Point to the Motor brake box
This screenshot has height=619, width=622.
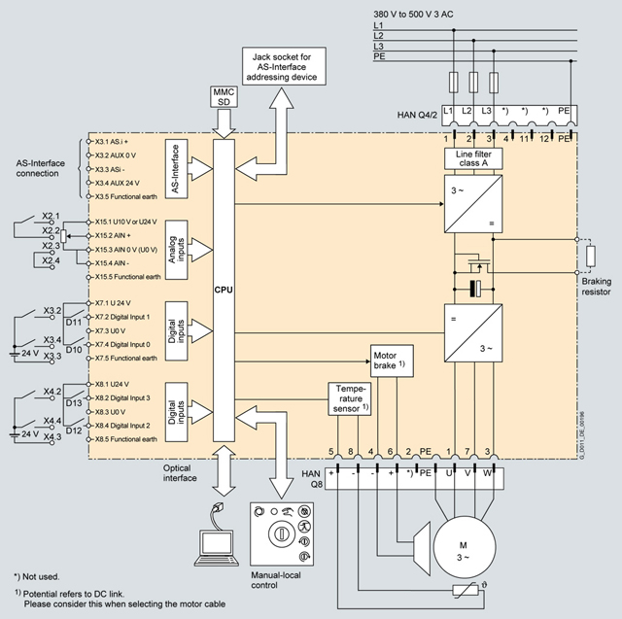click(x=392, y=361)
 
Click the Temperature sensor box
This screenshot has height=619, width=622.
click(x=350, y=398)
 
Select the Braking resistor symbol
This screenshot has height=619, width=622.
click(x=590, y=258)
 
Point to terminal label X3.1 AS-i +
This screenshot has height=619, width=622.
click(x=117, y=142)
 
